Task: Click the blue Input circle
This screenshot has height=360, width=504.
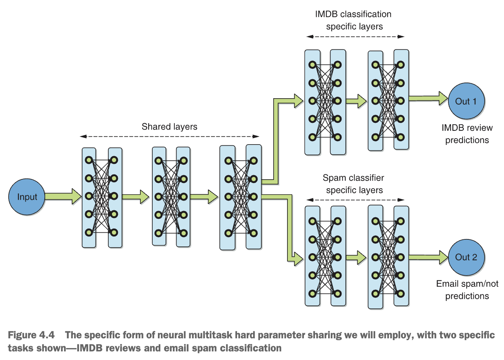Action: click(x=27, y=197)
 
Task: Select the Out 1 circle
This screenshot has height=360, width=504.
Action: click(x=466, y=101)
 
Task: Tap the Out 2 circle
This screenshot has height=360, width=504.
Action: click(x=466, y=257)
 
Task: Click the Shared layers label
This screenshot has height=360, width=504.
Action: click(x=169, y=127)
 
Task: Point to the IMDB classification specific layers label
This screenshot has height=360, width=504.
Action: click(x=354, y=20)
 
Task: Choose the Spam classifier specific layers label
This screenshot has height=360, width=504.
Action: click(x=354, y=184)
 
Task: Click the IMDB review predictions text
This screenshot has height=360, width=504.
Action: click(x=467, y=134)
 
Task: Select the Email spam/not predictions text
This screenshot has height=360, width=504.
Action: click(x=467, y=290)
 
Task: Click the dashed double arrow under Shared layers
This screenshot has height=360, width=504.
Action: click(x=169, y=136)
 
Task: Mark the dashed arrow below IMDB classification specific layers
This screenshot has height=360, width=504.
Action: click(x=355, y=37)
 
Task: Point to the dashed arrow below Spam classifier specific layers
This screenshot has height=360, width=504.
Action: click(x=355, y=200)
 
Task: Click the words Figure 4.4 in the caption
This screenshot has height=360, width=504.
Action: click(x=31, y=335)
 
